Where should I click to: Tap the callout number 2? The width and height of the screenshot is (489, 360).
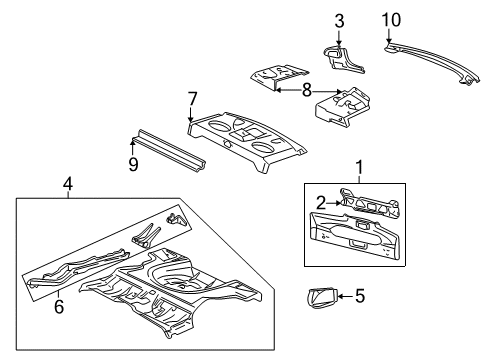point(320,203)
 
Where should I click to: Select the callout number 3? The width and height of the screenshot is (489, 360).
point(339,21)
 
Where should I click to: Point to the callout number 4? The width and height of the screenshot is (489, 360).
point(67,183)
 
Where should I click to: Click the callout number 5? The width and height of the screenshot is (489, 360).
point(359,322)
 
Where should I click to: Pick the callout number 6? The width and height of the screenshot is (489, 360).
point(59,307)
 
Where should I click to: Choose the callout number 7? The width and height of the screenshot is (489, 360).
point(192,98)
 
